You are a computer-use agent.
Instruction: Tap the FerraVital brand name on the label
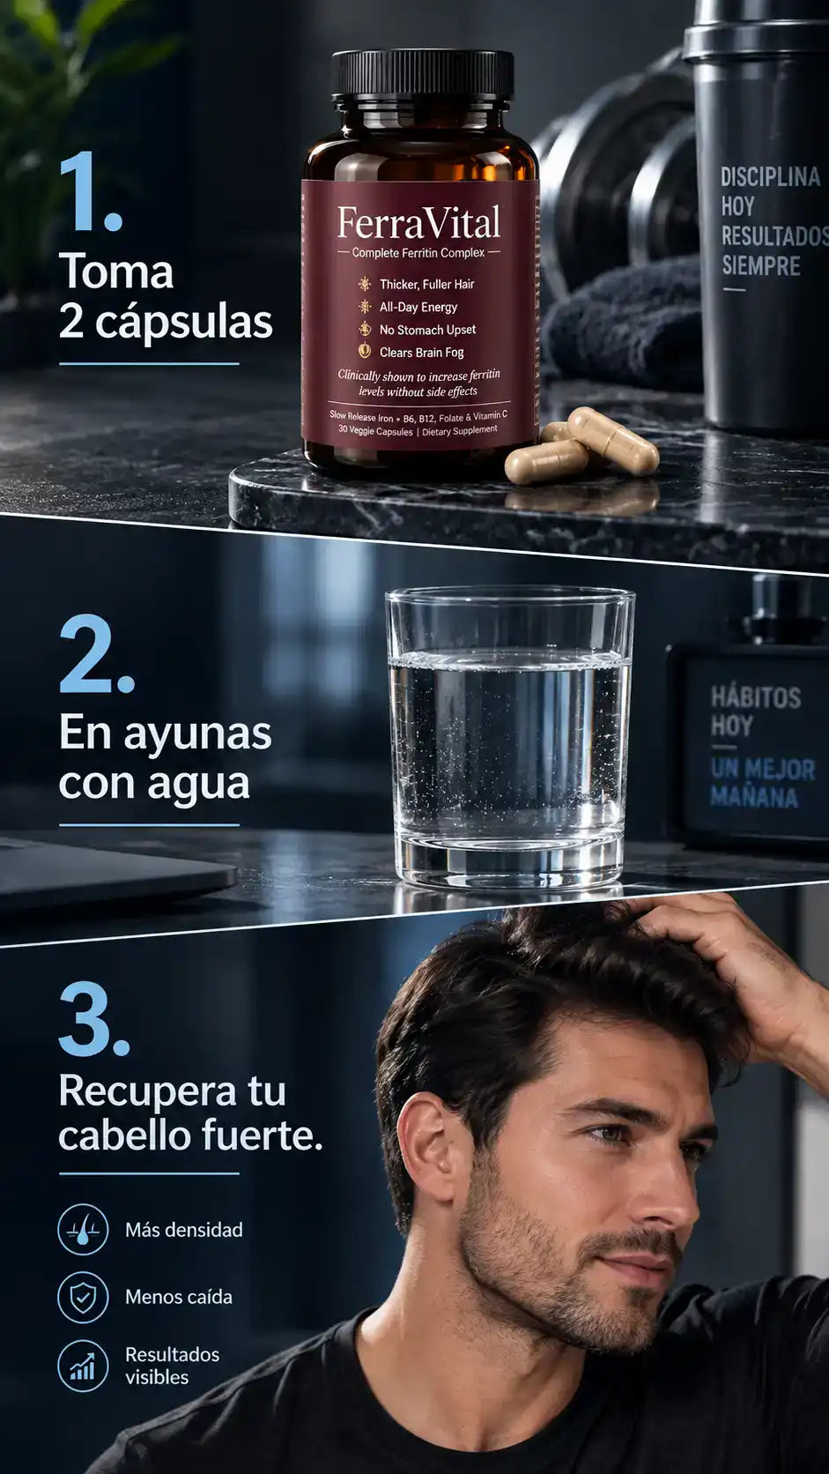pos(418,223)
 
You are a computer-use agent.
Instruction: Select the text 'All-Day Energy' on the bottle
pos(418,308)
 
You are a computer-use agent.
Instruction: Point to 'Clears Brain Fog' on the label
pos(421,353)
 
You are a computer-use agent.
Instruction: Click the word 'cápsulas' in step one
pos(184,323)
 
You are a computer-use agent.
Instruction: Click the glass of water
pos(509,737)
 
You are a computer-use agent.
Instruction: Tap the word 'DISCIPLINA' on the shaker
pos(770,177)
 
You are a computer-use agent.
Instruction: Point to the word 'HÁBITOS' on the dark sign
pos(756,697)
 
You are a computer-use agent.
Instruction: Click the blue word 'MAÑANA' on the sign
pos(754,797)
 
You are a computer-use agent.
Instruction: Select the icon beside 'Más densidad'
pos(83,1230)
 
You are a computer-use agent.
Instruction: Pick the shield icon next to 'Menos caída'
pos(83,1297)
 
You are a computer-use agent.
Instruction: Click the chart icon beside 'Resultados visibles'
pos(83,1366)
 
